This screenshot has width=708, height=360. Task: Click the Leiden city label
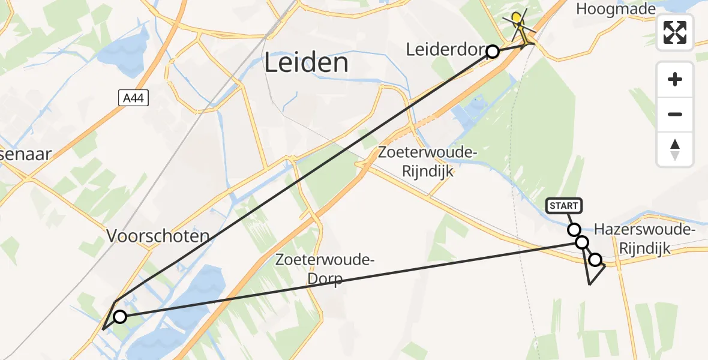click(x=306, y=62)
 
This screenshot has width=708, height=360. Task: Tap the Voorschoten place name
click(x=158, y=236)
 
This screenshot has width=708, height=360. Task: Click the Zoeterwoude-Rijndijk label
click(x=427, y=162)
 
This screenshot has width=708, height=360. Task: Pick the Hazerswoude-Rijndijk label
click(x=644, y=238)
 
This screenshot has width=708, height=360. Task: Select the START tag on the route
click(x=564, y=206)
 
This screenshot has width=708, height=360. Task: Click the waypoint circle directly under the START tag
click(x=574, y=230)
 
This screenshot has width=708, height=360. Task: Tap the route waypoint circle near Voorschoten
click(x=120, y=317)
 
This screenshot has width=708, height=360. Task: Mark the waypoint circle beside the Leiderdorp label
click(x=493, y=52)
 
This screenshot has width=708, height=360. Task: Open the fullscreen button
click(x=675, y=32)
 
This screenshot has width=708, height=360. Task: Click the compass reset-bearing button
click(x=675, y=149)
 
